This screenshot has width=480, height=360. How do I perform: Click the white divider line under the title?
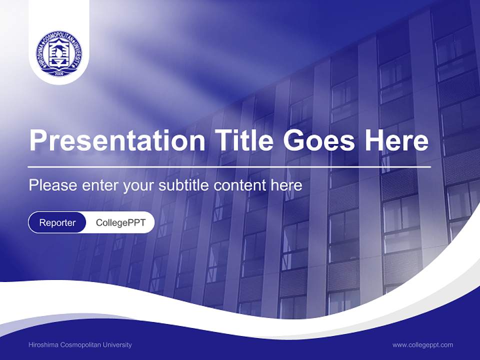coord(229,166)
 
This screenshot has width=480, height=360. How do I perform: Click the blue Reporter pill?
coord(57,222)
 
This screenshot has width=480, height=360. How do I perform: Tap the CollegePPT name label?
coord(120,222)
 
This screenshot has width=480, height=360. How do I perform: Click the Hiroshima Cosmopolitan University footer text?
coord(80,344)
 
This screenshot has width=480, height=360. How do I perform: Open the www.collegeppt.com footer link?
coord(422,344)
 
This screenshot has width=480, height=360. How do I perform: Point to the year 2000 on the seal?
coord(59,73)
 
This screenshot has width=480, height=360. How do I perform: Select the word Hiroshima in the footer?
coord(44,344)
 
